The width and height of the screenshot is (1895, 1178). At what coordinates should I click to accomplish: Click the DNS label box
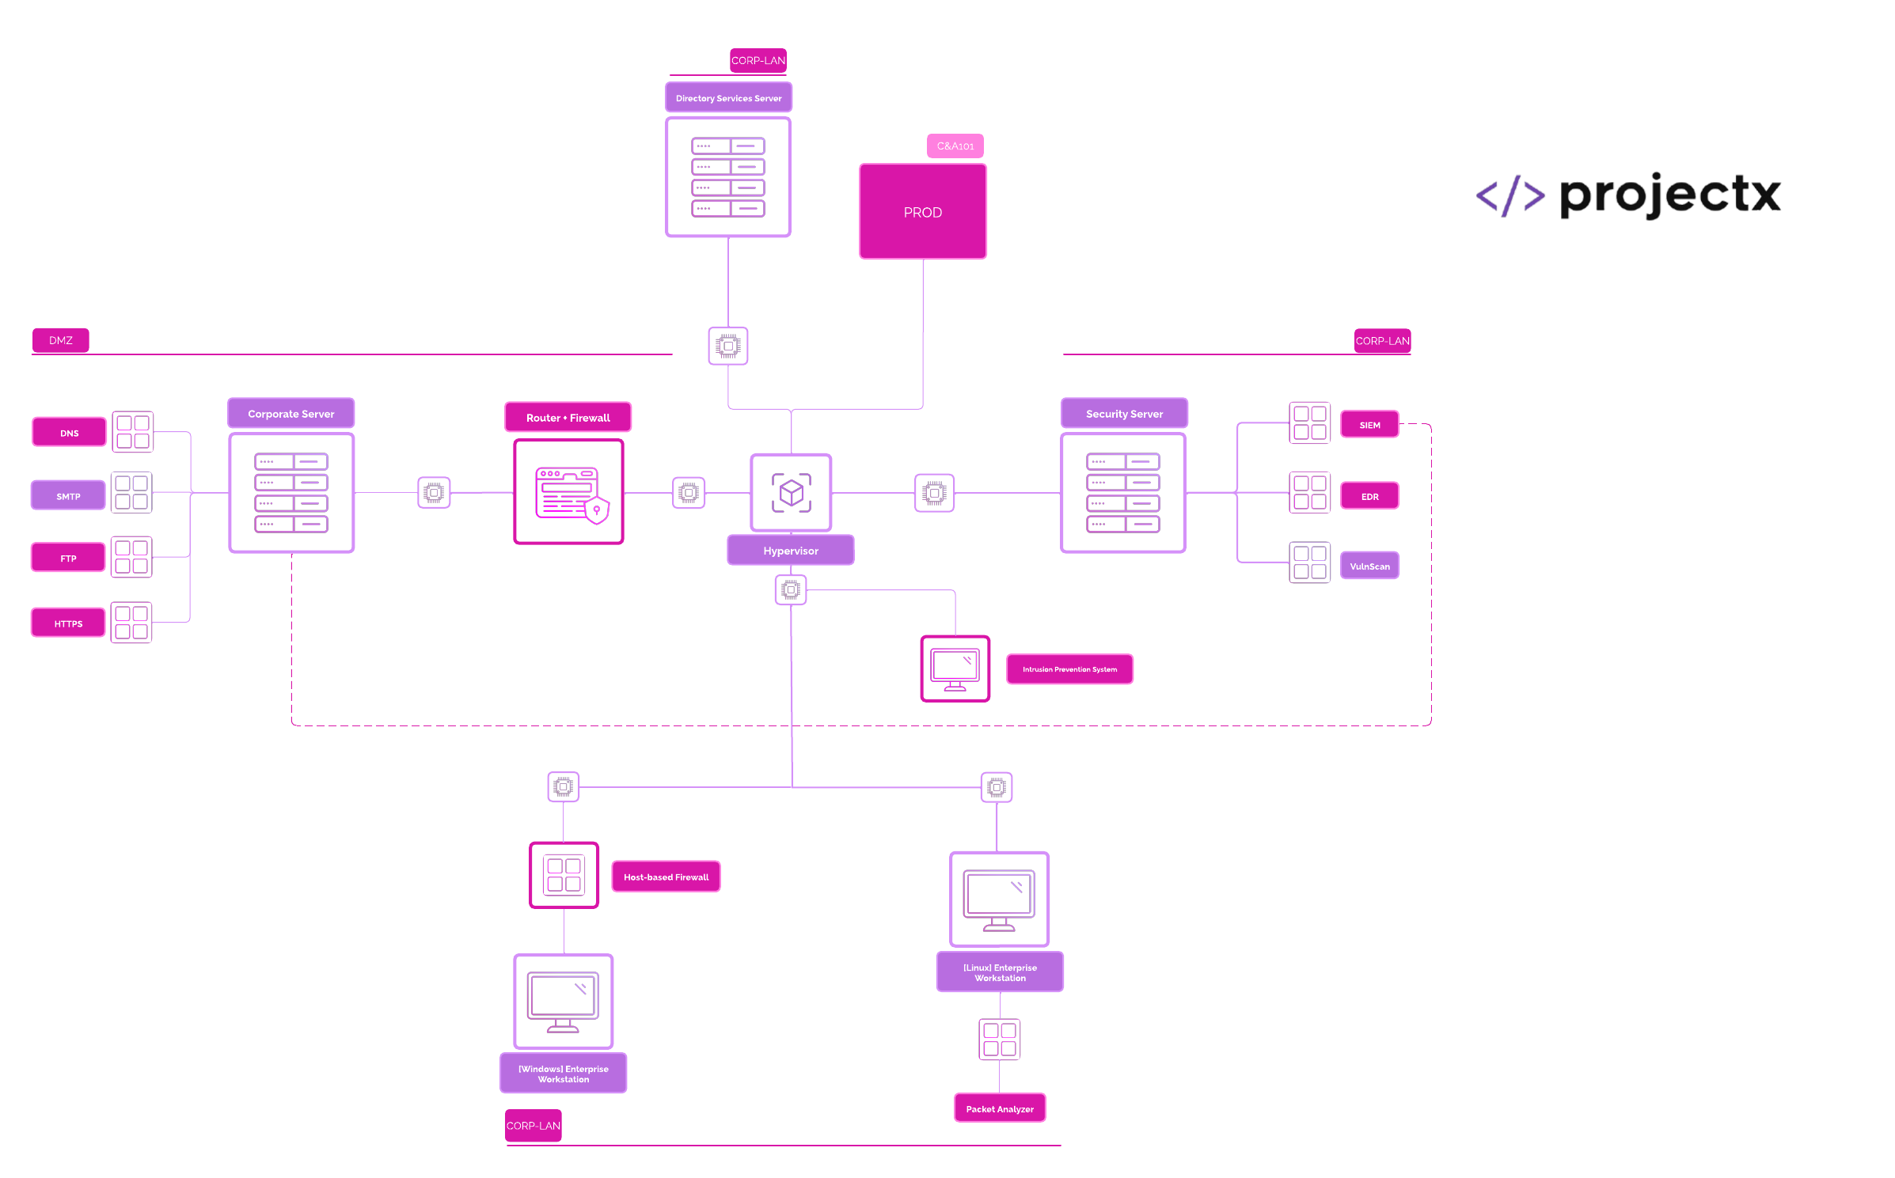click(70, 433)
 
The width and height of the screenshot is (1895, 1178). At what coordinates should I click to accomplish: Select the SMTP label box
click(68, 496)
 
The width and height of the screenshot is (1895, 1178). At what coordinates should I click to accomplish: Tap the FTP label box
click(68, 558)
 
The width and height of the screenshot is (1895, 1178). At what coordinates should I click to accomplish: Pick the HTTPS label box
click(68, 623)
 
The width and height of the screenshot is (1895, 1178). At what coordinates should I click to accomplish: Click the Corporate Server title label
click(291, 414)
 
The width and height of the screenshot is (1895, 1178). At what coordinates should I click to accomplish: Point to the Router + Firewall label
click(568, 418)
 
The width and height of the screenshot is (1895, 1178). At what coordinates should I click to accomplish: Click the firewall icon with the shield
click(569, 493)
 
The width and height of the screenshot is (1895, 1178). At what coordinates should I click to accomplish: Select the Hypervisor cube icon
click(791, 493)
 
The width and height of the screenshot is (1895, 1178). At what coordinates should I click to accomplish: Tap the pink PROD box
click(923, 212)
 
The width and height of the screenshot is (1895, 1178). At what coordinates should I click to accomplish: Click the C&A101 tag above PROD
click(955, 146)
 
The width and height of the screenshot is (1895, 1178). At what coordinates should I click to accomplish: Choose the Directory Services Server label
click(728, 98)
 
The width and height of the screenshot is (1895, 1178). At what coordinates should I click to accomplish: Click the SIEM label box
click(1369, 425)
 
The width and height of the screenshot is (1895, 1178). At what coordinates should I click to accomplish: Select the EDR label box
click(1369, 497)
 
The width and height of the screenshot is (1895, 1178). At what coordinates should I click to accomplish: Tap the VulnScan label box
click(1369, 566)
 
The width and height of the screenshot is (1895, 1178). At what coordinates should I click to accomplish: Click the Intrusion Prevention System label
click(1069, 669)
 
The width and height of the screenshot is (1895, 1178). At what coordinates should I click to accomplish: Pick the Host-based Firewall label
click(666, 877)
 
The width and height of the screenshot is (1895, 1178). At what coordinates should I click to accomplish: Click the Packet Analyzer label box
click(1000, 1108)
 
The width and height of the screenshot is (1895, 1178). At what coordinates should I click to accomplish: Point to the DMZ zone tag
click(61, 340)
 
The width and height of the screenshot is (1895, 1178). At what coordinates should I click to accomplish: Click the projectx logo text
click(1670, 195)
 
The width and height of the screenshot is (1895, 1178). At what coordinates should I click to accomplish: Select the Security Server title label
click(1124, 414)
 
